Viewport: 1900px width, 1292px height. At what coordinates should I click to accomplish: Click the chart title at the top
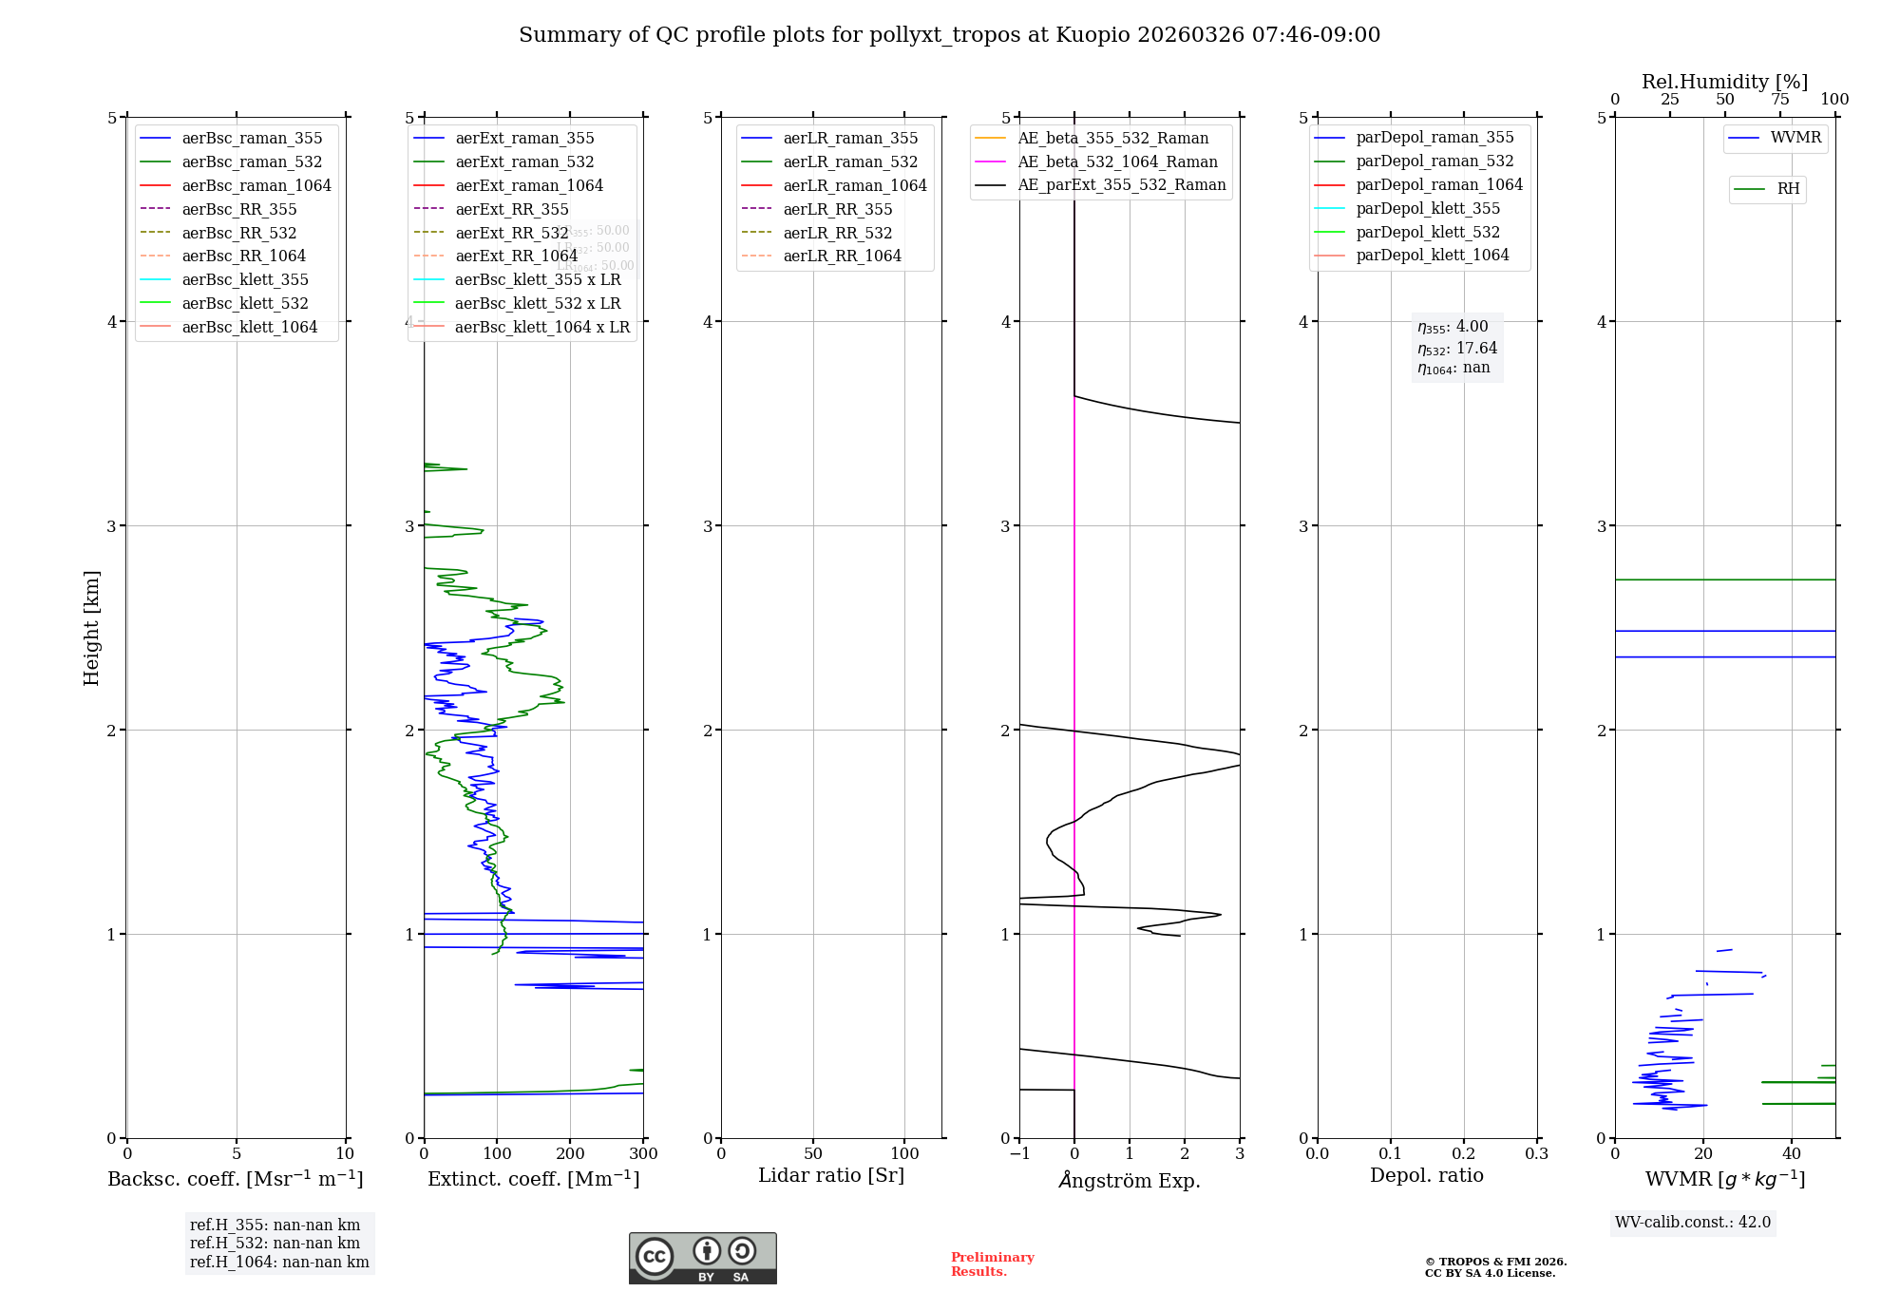click(949, 35)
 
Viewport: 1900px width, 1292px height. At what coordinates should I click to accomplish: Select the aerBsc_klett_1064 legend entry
click(249, 327)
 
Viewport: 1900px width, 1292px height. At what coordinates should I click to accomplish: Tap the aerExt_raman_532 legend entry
click(524, 161)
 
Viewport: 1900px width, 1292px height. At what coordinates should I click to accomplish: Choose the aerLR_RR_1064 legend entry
click(842, 256)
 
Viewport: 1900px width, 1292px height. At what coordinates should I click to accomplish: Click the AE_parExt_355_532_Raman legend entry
click(1121, 184)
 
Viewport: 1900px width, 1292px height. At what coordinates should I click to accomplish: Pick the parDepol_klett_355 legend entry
click(1428, 208)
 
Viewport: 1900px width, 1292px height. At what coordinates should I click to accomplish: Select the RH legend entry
click(1788, 189)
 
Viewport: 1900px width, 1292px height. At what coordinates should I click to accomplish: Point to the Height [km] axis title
click(91, 627)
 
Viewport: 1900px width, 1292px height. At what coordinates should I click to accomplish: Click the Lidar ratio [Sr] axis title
click(831, 1175)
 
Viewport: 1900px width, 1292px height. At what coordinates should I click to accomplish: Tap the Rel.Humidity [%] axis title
click(1724, 82)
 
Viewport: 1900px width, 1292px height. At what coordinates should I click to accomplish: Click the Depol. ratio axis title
click(1426, 1175)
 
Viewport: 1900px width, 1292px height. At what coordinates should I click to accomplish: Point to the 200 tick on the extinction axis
click(570, 1153)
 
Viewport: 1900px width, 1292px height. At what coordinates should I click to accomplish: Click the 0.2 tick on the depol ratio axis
click(1464, 1153)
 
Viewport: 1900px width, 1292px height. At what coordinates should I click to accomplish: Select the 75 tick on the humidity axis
click(1779, 100)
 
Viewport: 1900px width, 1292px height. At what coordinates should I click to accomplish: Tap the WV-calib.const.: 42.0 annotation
click(1693, 1222)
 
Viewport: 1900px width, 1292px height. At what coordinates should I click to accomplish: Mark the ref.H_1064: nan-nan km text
click(279, 1262)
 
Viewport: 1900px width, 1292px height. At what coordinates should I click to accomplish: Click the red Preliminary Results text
click(992, 1264)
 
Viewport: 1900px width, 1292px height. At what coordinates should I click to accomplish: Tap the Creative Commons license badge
click(702, 1258)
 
